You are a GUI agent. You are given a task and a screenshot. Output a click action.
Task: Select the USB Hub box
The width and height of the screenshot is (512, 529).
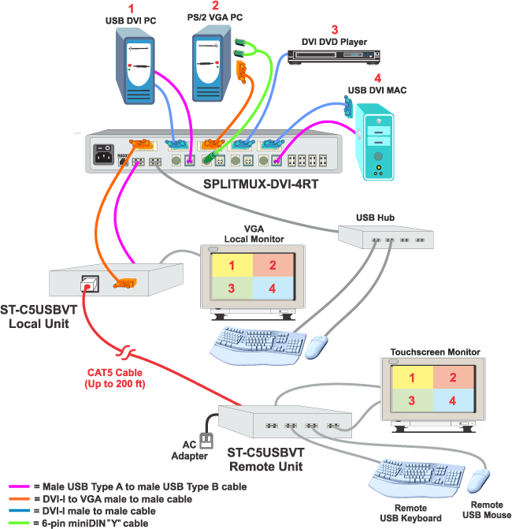pos(384,236)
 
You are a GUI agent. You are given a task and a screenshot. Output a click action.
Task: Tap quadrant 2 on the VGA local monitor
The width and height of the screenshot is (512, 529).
pos(272,265)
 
